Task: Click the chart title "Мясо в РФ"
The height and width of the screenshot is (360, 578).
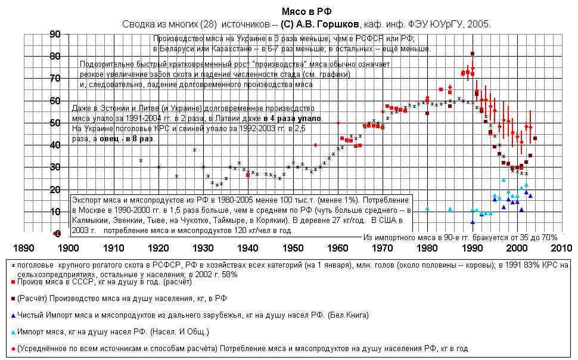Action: click(x=306, y=11)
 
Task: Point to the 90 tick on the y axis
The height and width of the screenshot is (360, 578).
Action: click(x=55, y=35)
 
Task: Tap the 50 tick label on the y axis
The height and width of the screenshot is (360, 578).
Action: click(x=55, y=123)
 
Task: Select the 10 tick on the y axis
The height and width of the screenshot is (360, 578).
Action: click(x=55, y=212)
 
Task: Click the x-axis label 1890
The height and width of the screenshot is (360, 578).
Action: click(x=23, y=247)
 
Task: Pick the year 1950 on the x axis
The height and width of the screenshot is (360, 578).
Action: click(x=292, y=247)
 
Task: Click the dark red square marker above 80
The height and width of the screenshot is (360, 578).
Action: click(x=473, y=54)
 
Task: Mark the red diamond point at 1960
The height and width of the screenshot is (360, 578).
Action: click(x=338, y=123)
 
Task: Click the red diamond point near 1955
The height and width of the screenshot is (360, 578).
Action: click(x=315, y=145)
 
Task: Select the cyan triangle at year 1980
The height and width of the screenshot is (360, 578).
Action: click(x=427, y=209)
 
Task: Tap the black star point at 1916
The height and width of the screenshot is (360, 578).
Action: click(x=141, y=160)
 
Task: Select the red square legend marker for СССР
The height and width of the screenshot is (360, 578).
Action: click(x=13, y=281)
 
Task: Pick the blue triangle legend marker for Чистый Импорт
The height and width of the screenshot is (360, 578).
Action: click(x=13, y=314)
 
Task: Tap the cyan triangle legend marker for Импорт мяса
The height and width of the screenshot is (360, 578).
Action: click(x=13, y=330)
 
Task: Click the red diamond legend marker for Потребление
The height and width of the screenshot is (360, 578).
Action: click(x=13, y=347)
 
